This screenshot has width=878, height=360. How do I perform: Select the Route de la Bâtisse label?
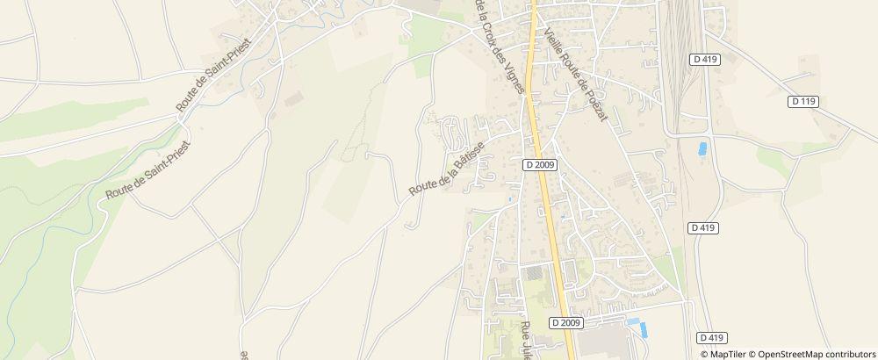(x=448, y=171)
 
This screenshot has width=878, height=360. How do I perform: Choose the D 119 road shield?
(x=803, y=102)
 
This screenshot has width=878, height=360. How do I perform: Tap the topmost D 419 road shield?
(x=704, y=59)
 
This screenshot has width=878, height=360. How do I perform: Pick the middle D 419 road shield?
(x=704, y=227)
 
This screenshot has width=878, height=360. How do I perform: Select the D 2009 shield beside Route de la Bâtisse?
(x=542, y=164)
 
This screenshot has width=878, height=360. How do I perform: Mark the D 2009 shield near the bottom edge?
(x=567, y=323)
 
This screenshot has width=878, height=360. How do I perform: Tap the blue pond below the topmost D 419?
(x=702, y=149)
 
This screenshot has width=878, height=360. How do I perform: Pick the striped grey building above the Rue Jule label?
(x=533, y=275)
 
